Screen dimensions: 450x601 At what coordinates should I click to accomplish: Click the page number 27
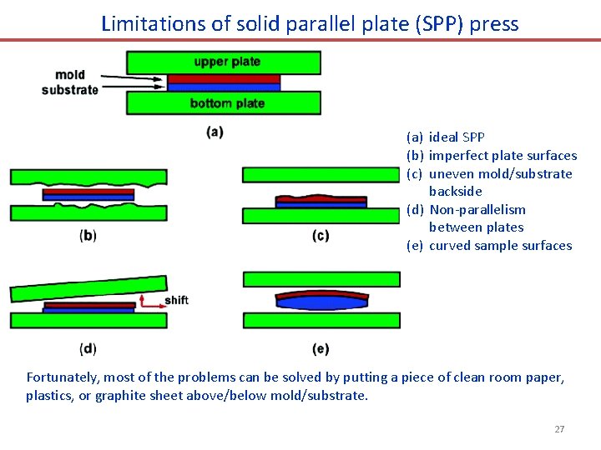coord(559,429)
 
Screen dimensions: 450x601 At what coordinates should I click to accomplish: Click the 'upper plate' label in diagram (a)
coord(227,62)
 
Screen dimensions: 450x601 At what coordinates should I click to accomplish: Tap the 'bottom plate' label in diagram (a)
coord(227,103)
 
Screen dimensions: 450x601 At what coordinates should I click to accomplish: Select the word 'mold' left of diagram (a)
coord(70,75)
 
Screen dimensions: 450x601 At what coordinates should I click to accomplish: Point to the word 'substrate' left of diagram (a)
coord(70,89)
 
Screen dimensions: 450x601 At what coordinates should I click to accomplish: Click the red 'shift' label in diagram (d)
coord(177,300)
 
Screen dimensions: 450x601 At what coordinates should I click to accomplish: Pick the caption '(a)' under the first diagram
coord(215,132)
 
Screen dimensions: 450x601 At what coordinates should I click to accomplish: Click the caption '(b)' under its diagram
coord(88,236)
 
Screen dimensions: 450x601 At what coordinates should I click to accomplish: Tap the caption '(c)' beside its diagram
coord(321,236)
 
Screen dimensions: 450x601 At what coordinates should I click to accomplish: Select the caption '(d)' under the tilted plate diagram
coord(88,348)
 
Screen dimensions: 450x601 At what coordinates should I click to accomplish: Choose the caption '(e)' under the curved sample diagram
coord(321,348)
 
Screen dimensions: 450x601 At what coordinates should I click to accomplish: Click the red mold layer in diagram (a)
coord(224,79)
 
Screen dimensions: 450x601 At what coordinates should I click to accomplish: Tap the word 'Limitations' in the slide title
coord(154,23)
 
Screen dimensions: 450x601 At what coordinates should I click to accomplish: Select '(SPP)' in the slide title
coord(434,23)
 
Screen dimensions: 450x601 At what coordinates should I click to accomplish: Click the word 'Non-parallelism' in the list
coord(477,209)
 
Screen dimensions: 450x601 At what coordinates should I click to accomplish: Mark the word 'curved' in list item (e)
coord(451,245)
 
